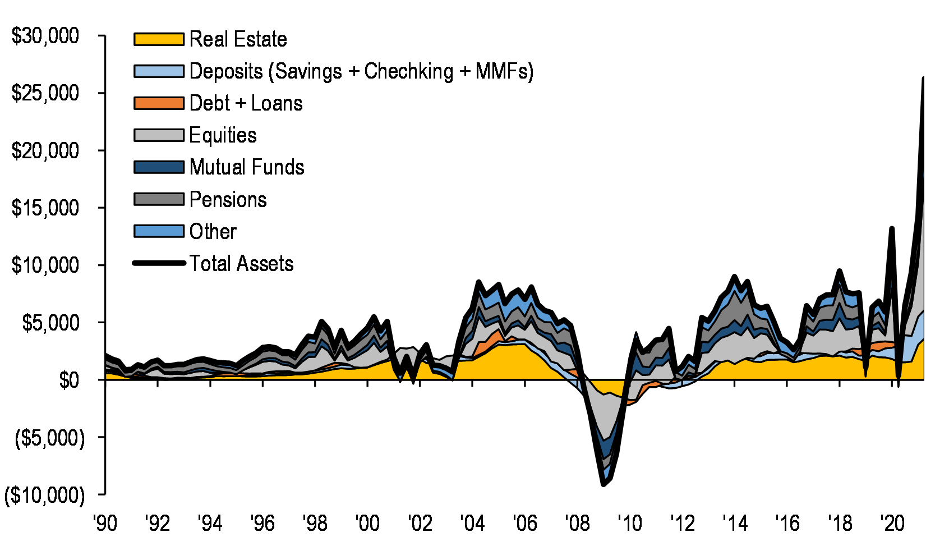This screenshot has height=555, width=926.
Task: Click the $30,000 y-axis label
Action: click(45, 36)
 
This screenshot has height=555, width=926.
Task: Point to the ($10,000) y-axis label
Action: click(45, 496)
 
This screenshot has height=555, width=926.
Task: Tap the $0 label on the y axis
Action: click(69, 380)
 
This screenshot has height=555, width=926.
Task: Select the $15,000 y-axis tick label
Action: click(45, 208)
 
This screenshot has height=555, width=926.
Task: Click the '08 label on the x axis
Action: click(577, 524)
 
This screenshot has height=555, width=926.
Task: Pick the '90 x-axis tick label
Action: click(105, 524)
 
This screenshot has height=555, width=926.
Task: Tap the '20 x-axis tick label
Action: click(892, 524)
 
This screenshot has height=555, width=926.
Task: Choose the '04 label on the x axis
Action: click(472, 524)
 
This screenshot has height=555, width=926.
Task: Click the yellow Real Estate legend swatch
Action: click(159, 39)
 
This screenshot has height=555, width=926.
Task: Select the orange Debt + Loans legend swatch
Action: click(159, 103)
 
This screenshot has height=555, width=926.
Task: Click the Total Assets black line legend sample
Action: click(159, 263)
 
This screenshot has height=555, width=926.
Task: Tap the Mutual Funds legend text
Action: click(247, 167)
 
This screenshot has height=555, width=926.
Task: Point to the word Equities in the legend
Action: click(223, 135)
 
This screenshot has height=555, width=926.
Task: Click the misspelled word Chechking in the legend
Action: click(408, 71)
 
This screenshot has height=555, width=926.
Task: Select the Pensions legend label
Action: click(228, 200)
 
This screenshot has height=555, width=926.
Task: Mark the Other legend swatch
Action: click(159, 231)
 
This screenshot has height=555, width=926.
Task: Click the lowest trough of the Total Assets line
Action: click(603, 484)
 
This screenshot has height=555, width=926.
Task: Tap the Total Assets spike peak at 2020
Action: click(891, 228)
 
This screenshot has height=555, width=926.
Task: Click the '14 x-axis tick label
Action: click(735, 524)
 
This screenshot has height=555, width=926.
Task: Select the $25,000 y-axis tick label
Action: click(45, 93)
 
